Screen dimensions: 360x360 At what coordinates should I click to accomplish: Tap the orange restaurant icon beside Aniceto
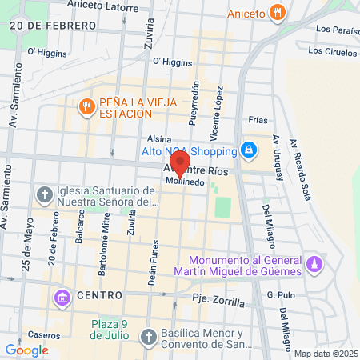(277, 12)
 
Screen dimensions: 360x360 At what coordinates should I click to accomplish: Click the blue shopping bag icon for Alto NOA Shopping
(249, 150)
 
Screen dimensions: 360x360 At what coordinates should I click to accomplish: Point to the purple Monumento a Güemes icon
(315, 263)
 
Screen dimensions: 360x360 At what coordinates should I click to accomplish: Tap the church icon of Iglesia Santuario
(44, 194)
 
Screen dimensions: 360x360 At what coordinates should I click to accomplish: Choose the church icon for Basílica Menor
(147, 338)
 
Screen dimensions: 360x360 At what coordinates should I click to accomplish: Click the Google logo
(26, 350)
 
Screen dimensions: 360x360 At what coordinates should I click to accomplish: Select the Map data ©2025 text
(325, 354)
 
